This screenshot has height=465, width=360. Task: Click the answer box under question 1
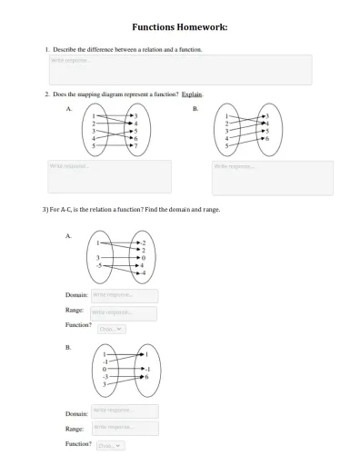pos(179,70)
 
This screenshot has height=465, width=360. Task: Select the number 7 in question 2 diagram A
pos(136,145)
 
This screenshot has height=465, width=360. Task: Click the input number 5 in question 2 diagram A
pos(95,145)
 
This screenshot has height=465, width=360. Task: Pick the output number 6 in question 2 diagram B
pos(266,138)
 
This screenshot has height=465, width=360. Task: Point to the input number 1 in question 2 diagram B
pos(227,117)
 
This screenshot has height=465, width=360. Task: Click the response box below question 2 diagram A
pos(109,177)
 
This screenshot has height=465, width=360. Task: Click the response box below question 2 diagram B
pos(272,177)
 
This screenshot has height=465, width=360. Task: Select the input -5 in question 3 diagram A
pos(100,266)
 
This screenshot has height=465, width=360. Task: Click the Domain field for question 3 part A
pos(125,295)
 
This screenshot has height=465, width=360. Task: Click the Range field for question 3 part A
pos(125,313)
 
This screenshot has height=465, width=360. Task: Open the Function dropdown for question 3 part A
pos(111,329)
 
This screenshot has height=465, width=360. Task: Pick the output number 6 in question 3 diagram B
pos(146,376)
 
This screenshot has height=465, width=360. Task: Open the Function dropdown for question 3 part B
pos(111,445)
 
